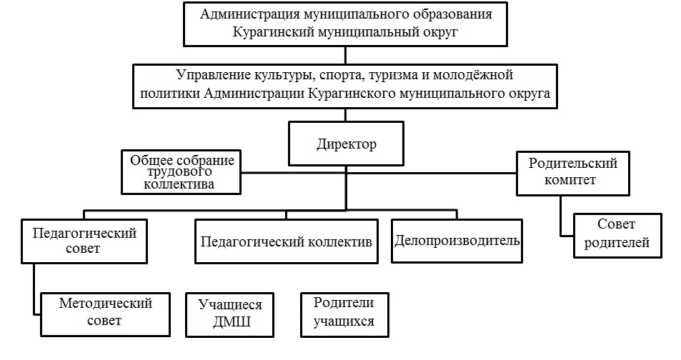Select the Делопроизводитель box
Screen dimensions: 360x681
coord(457,240)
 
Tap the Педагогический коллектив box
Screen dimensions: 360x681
coord(286,241)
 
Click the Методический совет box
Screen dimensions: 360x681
coord(106,313)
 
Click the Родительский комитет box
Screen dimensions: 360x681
coord(572,172)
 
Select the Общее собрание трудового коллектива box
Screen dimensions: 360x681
coord(182,172)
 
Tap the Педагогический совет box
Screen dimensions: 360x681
coord(84,241)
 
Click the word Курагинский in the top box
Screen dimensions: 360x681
coord(269,32)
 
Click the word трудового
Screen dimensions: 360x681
coord(181,172)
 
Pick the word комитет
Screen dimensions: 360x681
coord(572,180)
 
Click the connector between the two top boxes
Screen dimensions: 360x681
coord(346,54)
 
